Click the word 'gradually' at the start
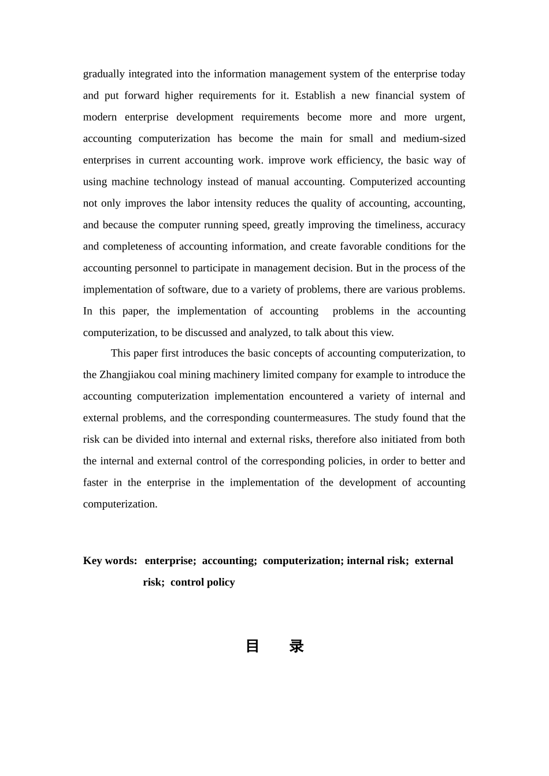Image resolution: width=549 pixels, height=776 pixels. pos(104,74)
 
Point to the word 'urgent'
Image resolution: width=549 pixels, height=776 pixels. pos(450,117)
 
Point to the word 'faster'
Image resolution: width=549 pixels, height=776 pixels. pos(95,483)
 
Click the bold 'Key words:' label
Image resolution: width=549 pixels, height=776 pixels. pos(110,561)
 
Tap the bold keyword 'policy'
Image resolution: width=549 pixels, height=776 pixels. pos(220,582)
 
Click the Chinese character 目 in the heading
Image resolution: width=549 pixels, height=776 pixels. pos(253,646)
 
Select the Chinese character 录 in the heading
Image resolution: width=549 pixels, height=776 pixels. pos(296,646)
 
